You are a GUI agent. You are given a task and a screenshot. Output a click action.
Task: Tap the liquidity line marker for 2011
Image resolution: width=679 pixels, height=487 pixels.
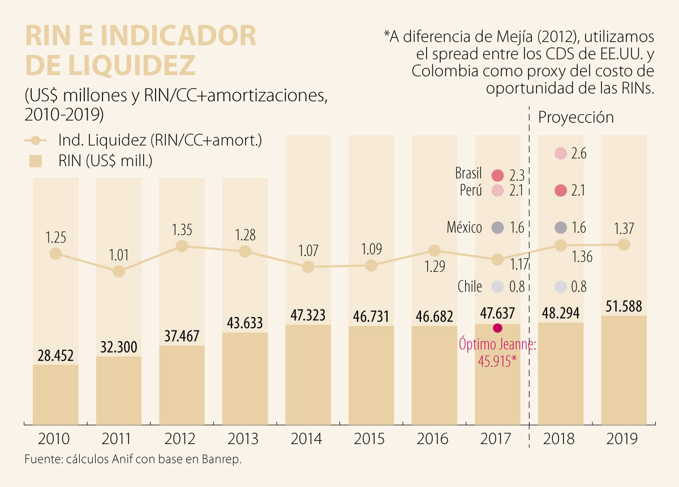coord(118,272)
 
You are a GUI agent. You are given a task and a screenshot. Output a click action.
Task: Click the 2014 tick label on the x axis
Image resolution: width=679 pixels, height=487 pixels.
coord(307,439)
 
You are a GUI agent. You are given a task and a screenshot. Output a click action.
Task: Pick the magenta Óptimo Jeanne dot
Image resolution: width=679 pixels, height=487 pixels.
coord(498,328)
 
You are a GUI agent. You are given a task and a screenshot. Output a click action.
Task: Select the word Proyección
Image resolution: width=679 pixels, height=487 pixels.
coord(576,118)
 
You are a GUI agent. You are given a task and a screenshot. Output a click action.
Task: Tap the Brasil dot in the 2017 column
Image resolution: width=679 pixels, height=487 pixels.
coord(498,176)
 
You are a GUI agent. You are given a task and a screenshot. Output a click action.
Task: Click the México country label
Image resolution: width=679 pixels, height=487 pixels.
coord(463,228)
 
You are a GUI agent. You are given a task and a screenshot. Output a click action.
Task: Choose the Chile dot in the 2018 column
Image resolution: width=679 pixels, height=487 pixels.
coord(561,286)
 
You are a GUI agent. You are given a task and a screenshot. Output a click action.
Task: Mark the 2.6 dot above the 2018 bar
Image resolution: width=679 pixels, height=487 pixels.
coord(561,153)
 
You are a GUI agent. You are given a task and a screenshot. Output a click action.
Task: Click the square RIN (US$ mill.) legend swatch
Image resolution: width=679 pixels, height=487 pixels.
coord(37,160)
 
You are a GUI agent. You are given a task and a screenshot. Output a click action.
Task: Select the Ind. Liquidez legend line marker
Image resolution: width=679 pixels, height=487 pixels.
coord(37,140)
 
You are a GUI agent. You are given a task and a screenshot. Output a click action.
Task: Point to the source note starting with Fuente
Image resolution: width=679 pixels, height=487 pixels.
coord(133,459)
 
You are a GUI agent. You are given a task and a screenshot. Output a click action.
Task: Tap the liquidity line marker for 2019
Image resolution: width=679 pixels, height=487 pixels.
coord(624,245)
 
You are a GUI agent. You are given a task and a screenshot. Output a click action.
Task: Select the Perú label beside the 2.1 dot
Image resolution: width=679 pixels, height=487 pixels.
coord(471,191)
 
